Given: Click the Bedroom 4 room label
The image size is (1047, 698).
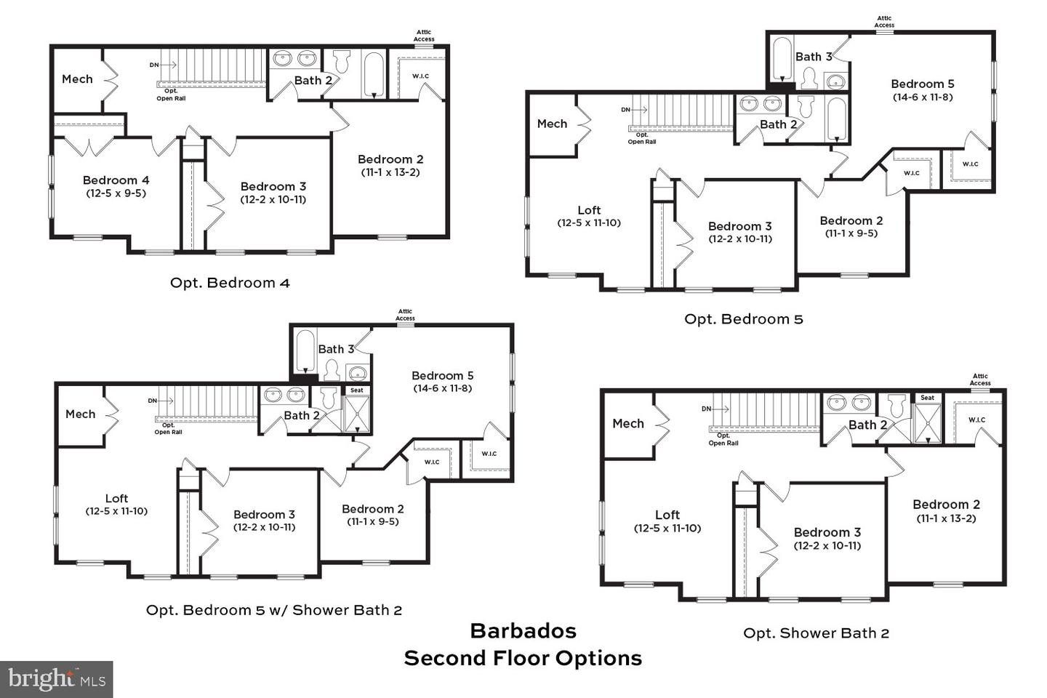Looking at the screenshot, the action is [x=116, y=180].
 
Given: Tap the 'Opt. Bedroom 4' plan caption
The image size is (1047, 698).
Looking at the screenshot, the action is [x=230, y=283].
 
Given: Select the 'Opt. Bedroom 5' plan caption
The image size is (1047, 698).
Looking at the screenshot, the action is [x=744, y=319].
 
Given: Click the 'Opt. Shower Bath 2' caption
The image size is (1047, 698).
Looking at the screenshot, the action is [x=816, y=633].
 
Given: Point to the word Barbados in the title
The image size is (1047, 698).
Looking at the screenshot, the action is [x=523, y=630].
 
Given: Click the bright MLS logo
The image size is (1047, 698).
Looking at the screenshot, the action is [x=56, y=679].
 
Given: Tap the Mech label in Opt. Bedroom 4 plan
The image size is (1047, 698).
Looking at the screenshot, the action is [x=77, y=79].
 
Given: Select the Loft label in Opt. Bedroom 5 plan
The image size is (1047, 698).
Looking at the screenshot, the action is [x=589, y=210].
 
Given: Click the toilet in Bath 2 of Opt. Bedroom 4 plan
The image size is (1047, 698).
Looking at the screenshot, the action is [x=342, y=61].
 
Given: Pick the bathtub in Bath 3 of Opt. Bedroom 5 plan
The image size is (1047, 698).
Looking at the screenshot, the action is [x=782, y=59].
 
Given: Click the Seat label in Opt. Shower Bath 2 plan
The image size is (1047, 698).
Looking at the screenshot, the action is [x=927, y=398].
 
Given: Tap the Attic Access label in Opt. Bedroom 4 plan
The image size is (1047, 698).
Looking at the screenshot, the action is [x=424, y=36].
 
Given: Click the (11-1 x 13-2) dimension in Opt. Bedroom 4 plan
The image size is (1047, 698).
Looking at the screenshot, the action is [x=390, y=172].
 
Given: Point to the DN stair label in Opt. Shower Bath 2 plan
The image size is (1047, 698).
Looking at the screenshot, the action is [x=706, y=409].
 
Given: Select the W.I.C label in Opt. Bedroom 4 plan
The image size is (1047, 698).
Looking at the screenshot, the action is [x=421, y=76].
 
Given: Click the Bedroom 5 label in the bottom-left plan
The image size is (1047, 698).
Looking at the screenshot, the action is [x=442, y=375].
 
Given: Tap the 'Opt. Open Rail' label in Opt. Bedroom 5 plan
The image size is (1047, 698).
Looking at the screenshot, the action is [x=642, y=138].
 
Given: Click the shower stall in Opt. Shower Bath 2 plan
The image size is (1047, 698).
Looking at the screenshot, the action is [x=928, y=423].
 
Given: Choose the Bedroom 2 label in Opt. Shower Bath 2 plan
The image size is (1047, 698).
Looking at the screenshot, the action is [x=946, y=505].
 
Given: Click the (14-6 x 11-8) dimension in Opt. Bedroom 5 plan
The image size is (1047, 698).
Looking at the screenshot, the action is [x=923, y=97].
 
